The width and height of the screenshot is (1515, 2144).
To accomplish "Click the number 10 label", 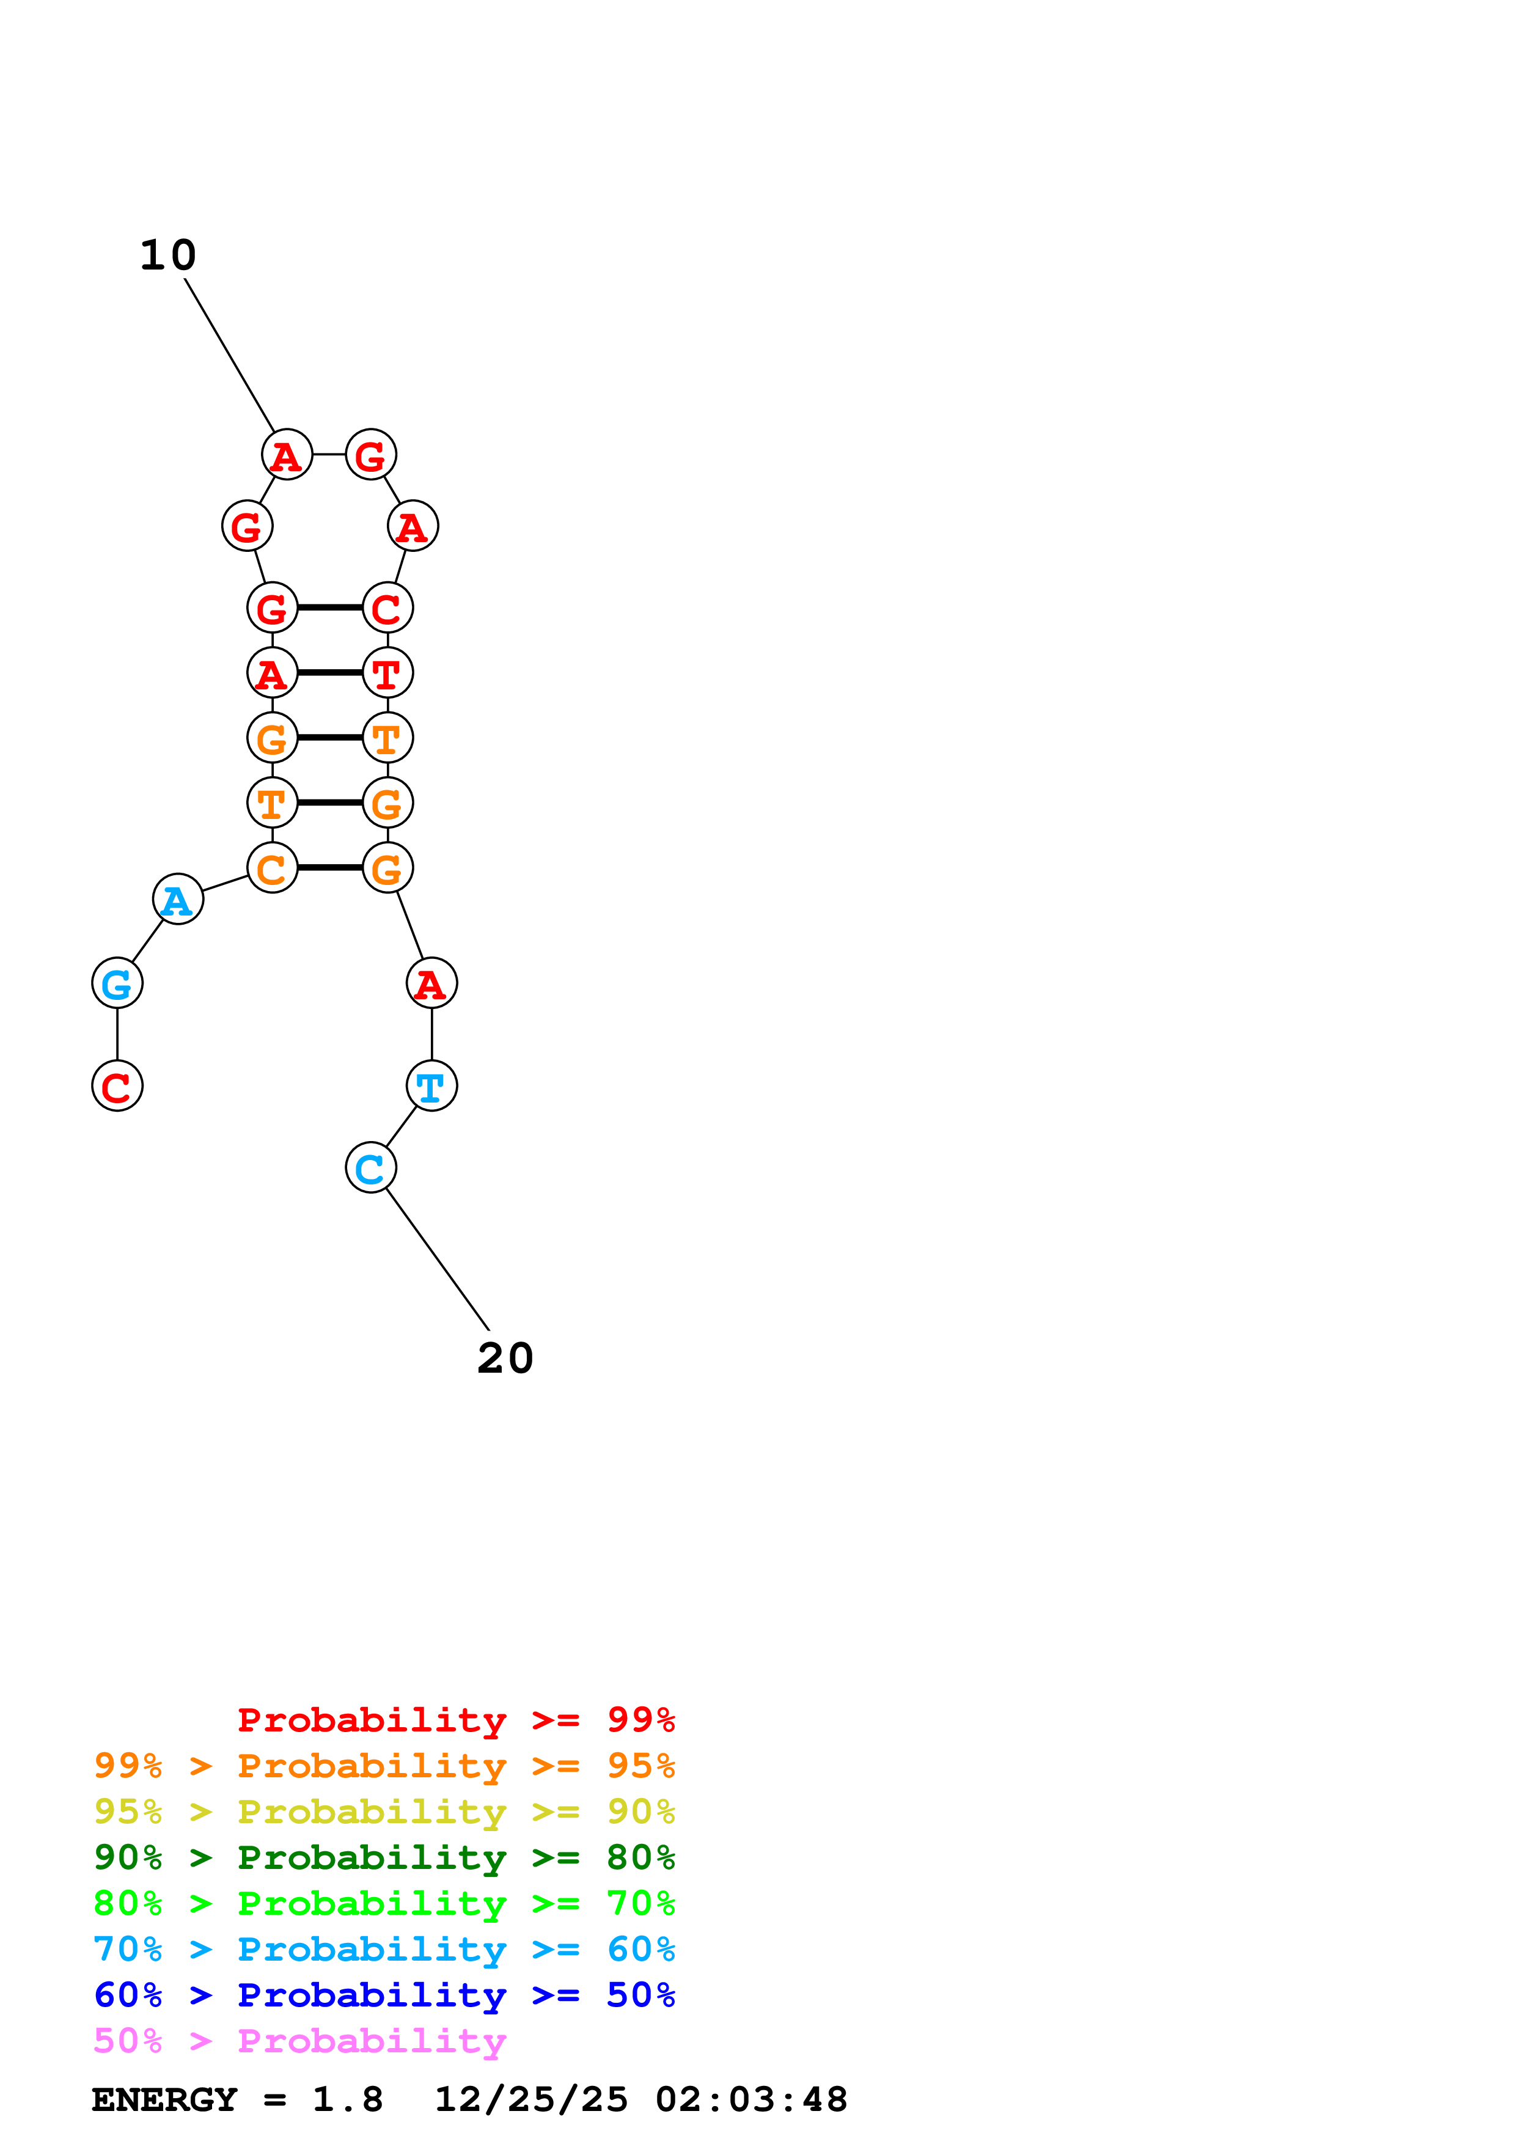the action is coord(168,255).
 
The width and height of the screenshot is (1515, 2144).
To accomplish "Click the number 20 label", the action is coord(505,1358).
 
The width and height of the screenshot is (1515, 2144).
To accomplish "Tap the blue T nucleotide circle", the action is coord(431,1086).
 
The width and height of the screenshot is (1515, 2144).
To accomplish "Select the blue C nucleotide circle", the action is coord(370,1167).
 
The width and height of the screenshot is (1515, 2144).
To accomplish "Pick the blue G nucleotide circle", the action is coord(117,983).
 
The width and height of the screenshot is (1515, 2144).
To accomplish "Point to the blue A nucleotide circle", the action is coord(177,899).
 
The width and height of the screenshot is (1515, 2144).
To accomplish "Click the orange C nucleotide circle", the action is coord(271,868).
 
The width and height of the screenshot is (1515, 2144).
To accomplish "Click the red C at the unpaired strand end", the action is coord(117,1086).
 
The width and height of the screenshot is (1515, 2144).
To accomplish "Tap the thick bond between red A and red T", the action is coord(329,672).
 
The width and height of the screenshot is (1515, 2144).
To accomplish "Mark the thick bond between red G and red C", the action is coord(329,608).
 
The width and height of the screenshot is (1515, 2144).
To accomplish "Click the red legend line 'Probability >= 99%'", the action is coord(455,1720).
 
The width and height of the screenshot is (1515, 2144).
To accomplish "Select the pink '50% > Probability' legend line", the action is coord(299,2041).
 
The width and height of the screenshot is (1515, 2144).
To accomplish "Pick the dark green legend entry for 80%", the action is coord(384,1858).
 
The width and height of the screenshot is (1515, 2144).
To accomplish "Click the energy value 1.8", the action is coord(347,2100).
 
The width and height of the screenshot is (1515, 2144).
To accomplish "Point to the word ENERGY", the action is coord(164,2100).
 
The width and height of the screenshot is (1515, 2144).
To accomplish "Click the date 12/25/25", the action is coord(531,2100).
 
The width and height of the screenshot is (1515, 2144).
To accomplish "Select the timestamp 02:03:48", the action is coord(752,2100).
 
